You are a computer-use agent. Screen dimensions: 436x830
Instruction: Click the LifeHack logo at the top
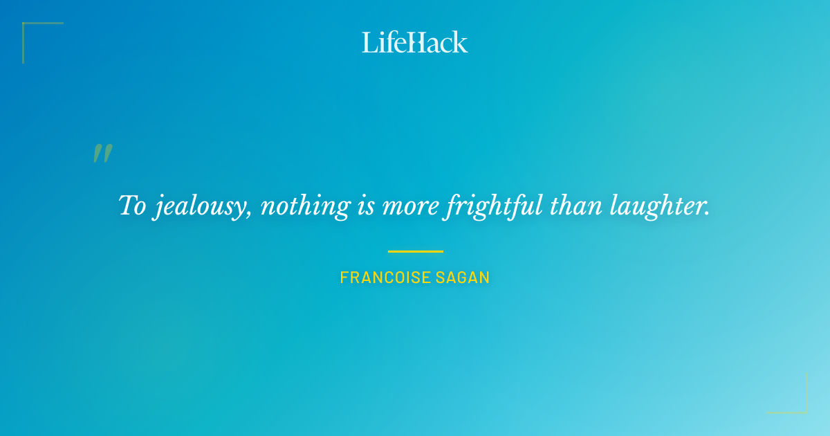click(x=415, y=42)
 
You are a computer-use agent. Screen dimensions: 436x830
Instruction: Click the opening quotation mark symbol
click(x=102, y=154)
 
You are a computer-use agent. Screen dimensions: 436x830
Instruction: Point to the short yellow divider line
click(x=415, y=251)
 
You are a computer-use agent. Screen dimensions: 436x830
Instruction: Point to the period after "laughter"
click(x=707, y=213)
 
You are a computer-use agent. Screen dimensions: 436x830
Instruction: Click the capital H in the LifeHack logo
click(x=415, y=43)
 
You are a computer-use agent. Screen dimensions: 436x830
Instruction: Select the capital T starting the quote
click(x=127, y=206)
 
